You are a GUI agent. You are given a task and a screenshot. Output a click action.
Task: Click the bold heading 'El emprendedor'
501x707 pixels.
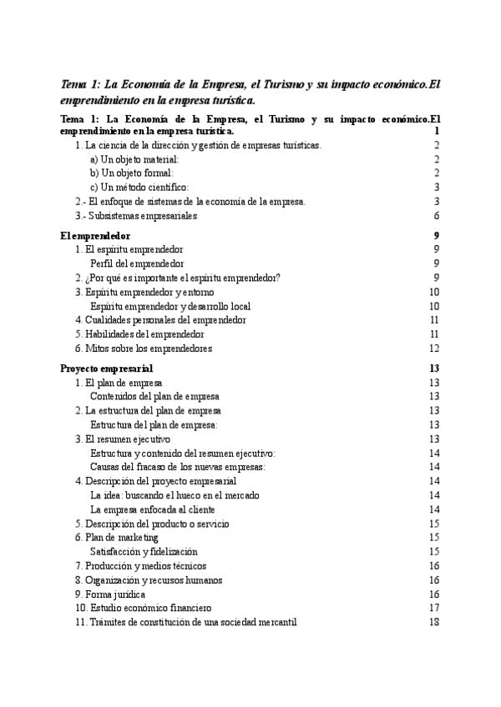click(96, 236)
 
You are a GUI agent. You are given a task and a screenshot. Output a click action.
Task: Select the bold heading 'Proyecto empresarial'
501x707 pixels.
click(107, 368)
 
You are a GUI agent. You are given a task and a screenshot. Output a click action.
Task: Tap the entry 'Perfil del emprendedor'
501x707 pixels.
click(137, 263)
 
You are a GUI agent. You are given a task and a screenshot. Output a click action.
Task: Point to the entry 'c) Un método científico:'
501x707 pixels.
click(139, 187)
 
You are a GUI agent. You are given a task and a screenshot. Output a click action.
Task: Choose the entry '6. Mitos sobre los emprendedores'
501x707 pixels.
click(144, 348)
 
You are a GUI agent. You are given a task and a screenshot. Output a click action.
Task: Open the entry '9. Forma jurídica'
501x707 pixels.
click(110, 594)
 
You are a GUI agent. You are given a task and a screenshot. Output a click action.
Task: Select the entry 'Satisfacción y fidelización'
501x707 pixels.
click(144, 552)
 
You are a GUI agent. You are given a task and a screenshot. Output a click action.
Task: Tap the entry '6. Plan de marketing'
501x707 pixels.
click(116, 538)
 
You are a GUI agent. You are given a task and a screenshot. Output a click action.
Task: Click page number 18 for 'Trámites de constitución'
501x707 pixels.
click(433, 623)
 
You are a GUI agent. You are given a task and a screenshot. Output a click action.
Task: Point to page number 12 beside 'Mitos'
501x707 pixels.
click(433, 348)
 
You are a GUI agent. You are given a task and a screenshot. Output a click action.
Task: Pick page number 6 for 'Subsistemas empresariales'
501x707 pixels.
click(436, 215)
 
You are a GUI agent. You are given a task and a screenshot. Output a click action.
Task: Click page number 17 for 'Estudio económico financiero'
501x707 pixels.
click(433, 609)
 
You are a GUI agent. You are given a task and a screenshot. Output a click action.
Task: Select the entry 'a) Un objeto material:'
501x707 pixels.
click(134, 158)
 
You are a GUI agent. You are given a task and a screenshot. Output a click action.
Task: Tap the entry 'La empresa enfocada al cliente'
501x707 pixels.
click(153, 509)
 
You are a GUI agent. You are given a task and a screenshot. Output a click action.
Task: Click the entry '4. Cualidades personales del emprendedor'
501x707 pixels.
click(160, 320)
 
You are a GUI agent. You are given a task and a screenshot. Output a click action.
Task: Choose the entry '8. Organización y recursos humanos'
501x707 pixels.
click(149, 580)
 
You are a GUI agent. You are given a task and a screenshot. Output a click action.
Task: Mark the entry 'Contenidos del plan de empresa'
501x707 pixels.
click(154, 396)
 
